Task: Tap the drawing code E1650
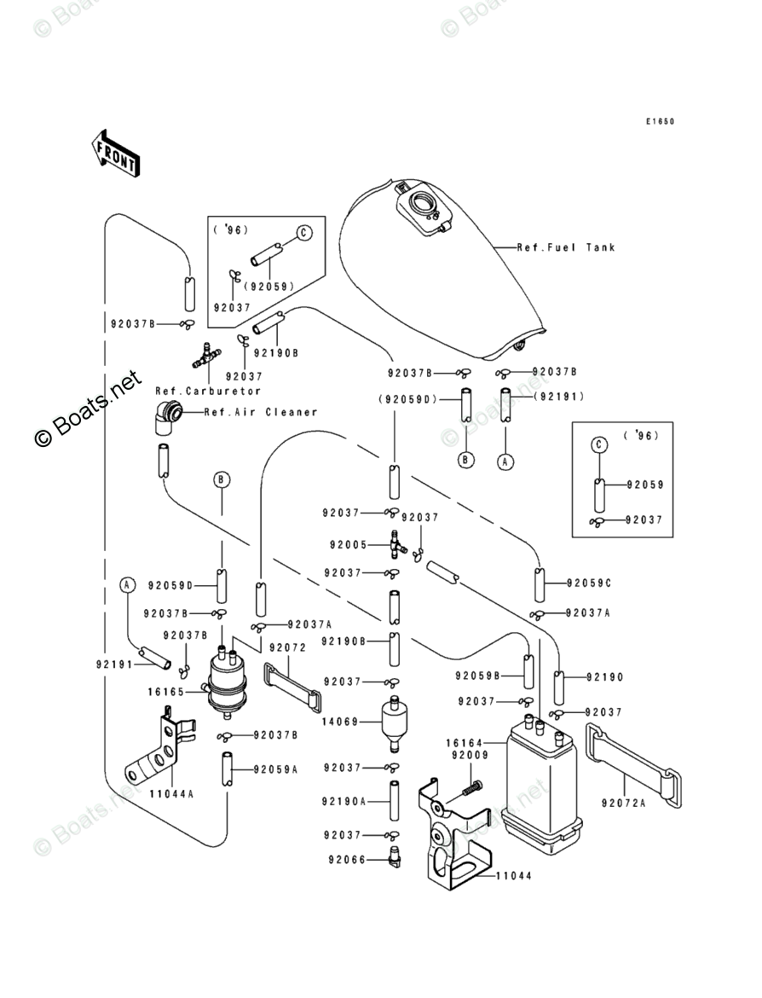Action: pyautogui.click(x=659, y=122)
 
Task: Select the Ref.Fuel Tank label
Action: pyautogui.click(x=566, y=248)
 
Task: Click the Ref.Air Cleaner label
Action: pyautogui.click(x=261, y=412)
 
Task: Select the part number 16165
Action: pyautogui.click(x=165, y=692)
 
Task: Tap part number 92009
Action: pyautogui.click(x=469, y=755)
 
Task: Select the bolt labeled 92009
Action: pyautogui.click(x=471, y=787)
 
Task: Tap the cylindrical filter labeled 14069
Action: pyautogui.click(x=395, y=722)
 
